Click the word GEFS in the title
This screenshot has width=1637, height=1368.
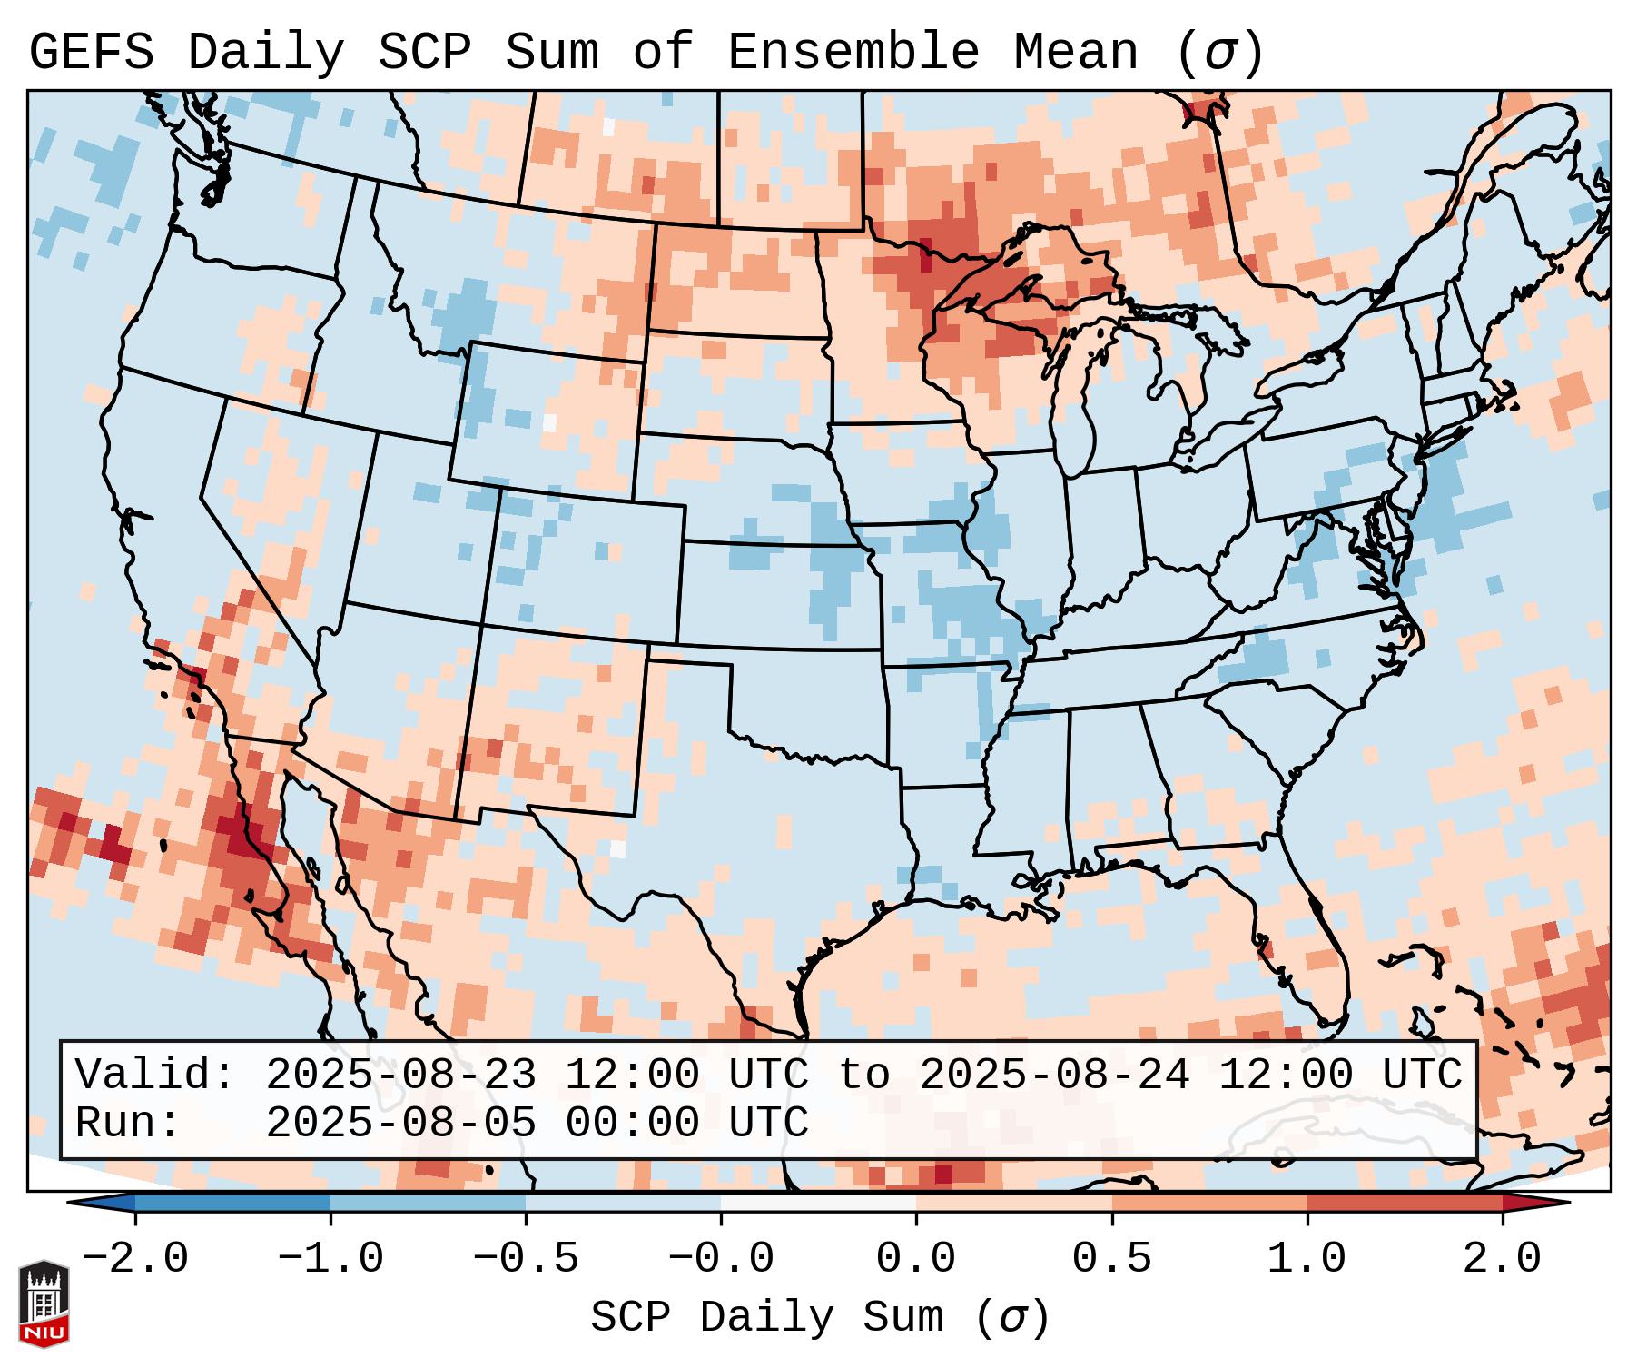pyautogui.click(x=91, y=53)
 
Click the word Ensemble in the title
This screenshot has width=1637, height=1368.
pyautogui.click(x=853, y=53)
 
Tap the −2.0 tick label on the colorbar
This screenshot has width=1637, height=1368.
pyautogui.click(x=135, y=1259)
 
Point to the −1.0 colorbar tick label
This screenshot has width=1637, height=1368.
pyautogui.click(x=330, y=1259)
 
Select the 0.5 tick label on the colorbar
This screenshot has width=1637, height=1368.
pyautogui.click(x=1111, y=1259)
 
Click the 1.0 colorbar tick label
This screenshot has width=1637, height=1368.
pyautogui.click(x=1307, y=1259)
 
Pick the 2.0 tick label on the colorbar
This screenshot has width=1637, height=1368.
pyautogui.click(x=1502, y=1259)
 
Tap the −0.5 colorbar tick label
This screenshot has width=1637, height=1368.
pyautogui.click(x=526, y=1259)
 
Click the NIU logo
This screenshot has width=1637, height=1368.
pyautogui.click(x=44, y=1303)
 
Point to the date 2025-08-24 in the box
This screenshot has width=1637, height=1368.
pyautogui.click(x=1054, y=1075)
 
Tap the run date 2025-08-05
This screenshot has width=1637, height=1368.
pyautogui.click(x=400, y=1123)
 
